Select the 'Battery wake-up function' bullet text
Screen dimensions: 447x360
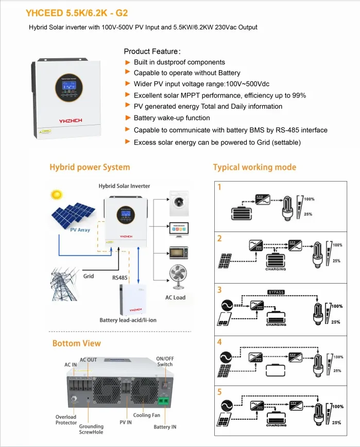[x=172, y=118]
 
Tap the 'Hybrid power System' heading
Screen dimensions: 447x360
[x=90, y=167]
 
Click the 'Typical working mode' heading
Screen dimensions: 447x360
[x=254, y=167]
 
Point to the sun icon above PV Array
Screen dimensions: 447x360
[x=55, y=195]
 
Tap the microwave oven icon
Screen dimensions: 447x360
[x=178, y=253]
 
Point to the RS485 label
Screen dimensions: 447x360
[x=119, y=277]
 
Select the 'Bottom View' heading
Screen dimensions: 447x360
[x=76, y=343]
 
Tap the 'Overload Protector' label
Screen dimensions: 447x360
[x=66, y=420]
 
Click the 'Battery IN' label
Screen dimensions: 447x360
[x=165, y=427]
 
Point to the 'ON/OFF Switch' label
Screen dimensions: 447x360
[x=165, y=361]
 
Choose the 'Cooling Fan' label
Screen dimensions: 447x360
[x=147, y=415]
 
